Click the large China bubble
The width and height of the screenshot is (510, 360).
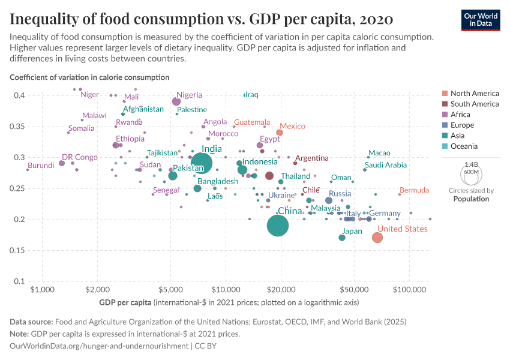(278, 226)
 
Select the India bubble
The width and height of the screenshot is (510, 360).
(202, 163)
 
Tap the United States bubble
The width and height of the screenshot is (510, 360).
(377, 238)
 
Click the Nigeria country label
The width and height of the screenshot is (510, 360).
(190, 95)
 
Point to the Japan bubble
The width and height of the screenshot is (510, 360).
(342, 238)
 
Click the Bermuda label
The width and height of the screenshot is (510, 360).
(414, 190)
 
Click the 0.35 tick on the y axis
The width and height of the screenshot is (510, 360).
(17, 127)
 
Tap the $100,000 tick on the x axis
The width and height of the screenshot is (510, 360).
(410, 289)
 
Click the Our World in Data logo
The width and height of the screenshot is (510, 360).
(480, 19)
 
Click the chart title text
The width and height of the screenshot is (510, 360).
(202, 19)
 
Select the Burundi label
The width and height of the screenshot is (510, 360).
(41, 165)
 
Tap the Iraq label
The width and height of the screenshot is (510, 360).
(251, 95)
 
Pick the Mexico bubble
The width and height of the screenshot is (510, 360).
(280, 133)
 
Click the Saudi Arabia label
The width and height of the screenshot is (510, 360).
(386, 165)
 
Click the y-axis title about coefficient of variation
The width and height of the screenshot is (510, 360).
(89, 77)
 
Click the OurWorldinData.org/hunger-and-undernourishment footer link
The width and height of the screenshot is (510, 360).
(98, 346)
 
